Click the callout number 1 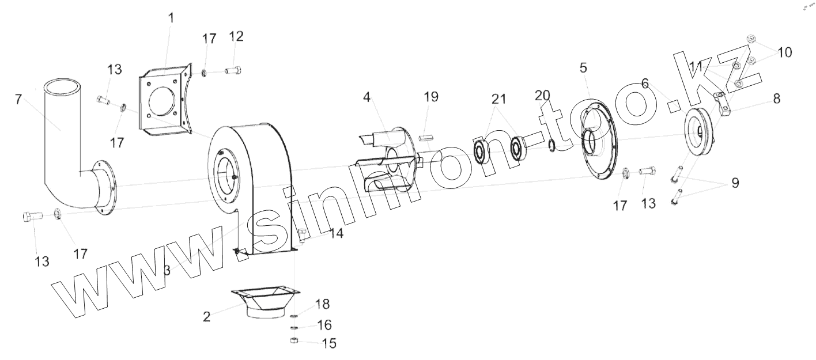point(171,18)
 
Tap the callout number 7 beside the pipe point(18,100)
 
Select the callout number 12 point(236,36)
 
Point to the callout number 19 point(431,97)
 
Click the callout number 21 point(499,99)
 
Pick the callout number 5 point(583,68)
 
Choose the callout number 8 point(777,98)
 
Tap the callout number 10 point(785,52)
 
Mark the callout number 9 point(735,183)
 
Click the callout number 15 point(329,343)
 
